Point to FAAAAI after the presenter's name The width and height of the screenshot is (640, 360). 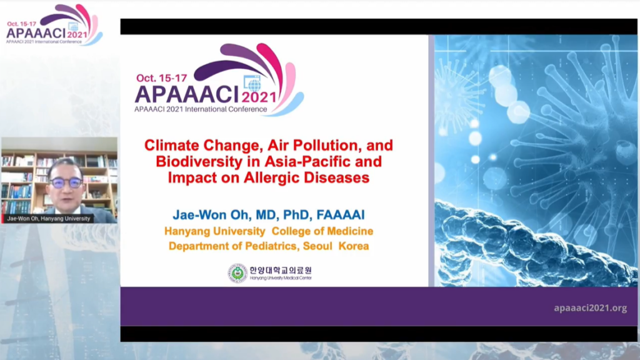341,215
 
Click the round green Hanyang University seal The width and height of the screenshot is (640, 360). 237,273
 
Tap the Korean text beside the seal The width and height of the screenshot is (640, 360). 281,270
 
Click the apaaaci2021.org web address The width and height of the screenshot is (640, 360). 590,308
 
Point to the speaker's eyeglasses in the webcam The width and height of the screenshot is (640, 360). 66,183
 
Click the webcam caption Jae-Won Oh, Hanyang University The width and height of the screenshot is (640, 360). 49,219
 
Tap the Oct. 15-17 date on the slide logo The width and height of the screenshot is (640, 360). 162,78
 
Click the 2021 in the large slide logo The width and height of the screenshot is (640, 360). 259,97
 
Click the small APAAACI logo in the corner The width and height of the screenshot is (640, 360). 54,25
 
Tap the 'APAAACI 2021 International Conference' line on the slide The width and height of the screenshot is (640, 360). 201,109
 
